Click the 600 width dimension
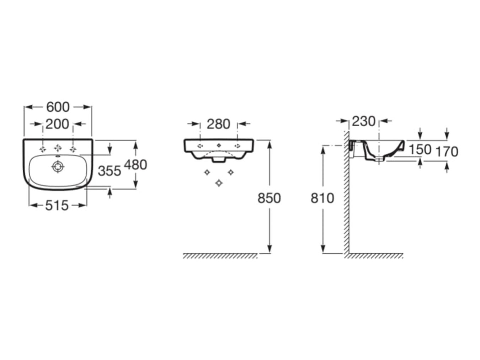click(58, 107)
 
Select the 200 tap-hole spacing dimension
click(57, 124)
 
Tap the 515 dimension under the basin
click(57, 206)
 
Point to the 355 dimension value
click(110, 171)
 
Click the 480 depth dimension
click(135, 165)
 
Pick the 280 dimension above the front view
click(218, 124)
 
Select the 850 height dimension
click(269, 198)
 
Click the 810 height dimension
click(322, 198)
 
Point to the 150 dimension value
click(420, 150)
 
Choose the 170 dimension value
click(447, 152)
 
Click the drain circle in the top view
click(58, 167)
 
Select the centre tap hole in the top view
click(58, 148)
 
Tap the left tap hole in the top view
click(43, 149)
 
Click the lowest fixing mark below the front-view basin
click(219, 183)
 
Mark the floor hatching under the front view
click(220, 256)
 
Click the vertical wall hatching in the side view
click(346, 192)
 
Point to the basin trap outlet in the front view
click(219, 160)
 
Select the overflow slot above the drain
click(58, 157)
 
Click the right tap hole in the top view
click(73, 149)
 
